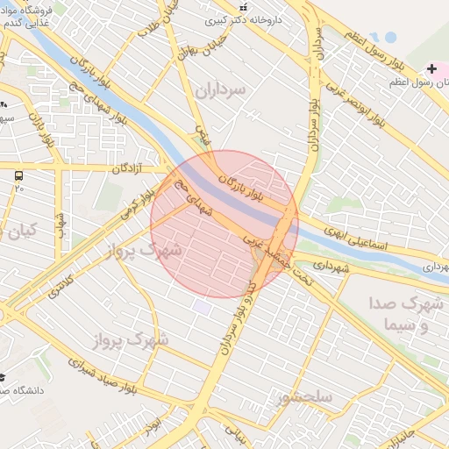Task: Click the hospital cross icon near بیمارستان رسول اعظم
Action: (431, 68)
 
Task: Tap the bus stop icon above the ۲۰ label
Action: (19, 175)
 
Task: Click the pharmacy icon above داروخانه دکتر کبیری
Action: (243, 7)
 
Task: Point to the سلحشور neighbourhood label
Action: (303, 397)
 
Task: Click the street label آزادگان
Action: (128, 167)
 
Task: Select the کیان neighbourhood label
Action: (24, 231)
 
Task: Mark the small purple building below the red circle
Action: (203, 308)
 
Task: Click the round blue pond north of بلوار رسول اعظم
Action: (387, 38)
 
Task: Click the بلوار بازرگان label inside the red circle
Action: (261, 183)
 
